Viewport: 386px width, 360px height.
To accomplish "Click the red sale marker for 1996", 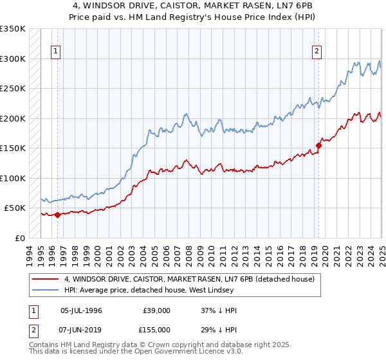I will (57, 215).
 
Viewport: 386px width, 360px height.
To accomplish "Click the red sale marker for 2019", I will (318, 145).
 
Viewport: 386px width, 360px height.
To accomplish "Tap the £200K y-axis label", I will (13, 118).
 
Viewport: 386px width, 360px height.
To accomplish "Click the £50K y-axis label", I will (15, 208).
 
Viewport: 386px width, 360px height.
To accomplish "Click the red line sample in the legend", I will (45, 279).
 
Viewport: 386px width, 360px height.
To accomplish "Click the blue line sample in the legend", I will (45, 290).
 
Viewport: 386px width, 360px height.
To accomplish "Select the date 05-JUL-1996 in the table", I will (81, 310).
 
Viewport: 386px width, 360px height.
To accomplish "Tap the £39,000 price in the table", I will (155, 310).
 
